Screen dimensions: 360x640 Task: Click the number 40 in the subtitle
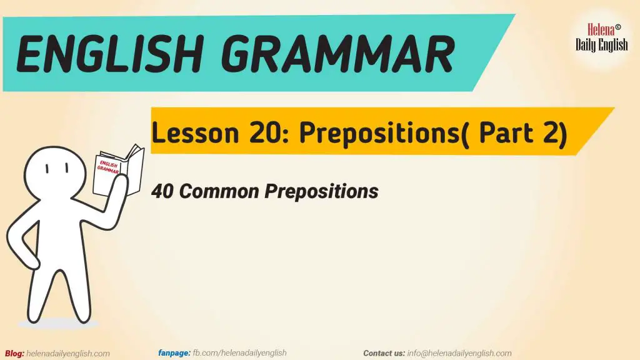point(162,191)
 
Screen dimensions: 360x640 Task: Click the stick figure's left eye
point(47,169)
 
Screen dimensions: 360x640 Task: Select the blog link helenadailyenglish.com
point(69,354)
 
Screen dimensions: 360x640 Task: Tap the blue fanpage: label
point(174,353)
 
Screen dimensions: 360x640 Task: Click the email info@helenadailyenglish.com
point(459,353)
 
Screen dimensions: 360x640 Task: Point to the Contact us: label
point(384,353)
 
